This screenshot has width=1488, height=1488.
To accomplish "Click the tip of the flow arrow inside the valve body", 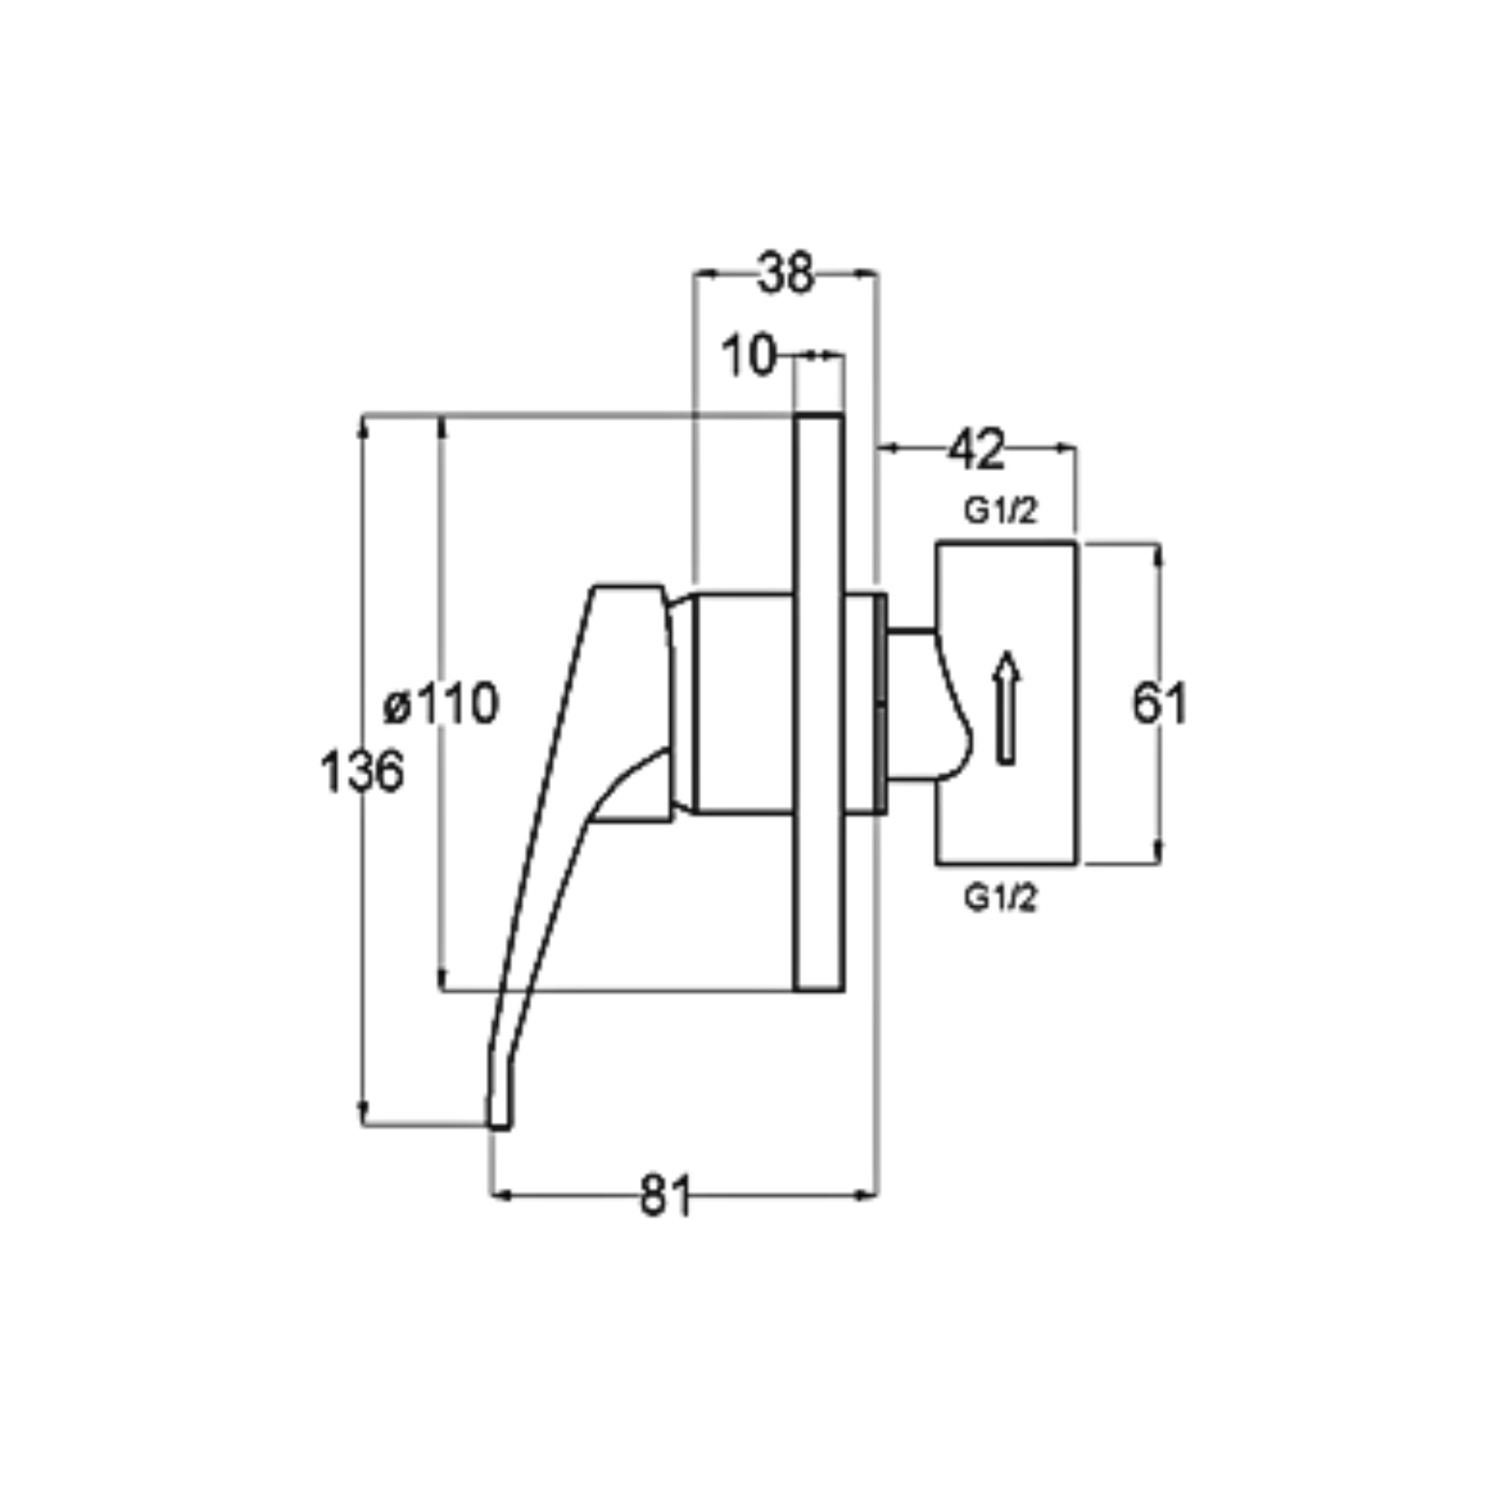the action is [x=1005, y=652].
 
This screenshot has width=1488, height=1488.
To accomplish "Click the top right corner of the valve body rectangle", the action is [x=1076, y=544].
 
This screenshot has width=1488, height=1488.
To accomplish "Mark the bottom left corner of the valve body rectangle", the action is [x=937, y=863].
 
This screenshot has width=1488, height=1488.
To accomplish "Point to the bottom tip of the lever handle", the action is [x=500, y=1128].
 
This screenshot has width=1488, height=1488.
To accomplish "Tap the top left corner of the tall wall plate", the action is [x=795, y=415].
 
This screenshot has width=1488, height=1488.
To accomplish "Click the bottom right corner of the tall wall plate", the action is [x=843, y=992].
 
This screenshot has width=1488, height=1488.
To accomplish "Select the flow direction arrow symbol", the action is [x=1005, y=708].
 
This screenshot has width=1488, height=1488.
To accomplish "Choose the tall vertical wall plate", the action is [x=819, y=703].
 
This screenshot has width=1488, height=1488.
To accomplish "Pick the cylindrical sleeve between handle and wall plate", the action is [x=742, y=704].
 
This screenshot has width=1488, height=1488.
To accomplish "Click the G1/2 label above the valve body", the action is [x=1000, y=511].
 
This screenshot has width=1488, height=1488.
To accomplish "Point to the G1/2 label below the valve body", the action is [x=1000, y=898].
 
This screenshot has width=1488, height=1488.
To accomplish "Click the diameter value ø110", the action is [x=442, y=703].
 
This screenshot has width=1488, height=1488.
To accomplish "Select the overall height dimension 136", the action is [x=362, y=772].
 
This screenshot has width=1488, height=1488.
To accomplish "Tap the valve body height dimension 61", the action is [x=1159, y=703].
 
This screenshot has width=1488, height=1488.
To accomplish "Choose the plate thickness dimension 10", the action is [x=749, y=356].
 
